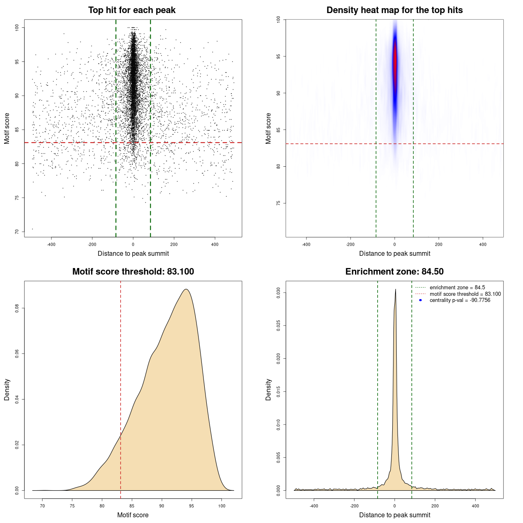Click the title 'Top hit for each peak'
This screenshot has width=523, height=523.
pyautogui.click(x=132, y=10)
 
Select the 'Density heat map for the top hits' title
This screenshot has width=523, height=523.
pyautogui.click(x=394, y=10)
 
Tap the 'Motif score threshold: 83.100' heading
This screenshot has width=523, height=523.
pyautogui.click(x=133, y=272)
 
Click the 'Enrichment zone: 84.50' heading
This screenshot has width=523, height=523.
pyautogui.click(x=394, y=272)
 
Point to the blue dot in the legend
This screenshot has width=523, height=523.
pyautogui.click(x=420, y=300)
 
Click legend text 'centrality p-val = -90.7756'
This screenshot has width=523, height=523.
pyautogui.click(x=460, y=300)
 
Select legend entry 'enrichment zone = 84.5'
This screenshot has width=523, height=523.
pyautogui.click(x=457, y=288)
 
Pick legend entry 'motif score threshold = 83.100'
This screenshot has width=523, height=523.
pyautogui.click(x=465, y=294)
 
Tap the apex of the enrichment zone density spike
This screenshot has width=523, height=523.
pyautogui.click(x=396, y=290)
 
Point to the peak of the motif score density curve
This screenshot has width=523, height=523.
pyautogui.click(x=186, y=289)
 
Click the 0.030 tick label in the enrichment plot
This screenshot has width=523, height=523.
pyautogui.click(x=279, y=293)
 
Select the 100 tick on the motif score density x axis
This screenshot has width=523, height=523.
pyautogui.click(x=221, y=506)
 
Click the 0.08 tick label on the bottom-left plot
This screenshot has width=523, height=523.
pyautogui.click(x=17, y=308)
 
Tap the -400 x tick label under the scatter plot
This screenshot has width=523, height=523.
pyautogui.click(x=51, y=244)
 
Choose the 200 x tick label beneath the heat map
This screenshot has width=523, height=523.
pyautogui.click(x=438, y=244)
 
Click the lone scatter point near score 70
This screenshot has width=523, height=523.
pyautogui.click(x=32, y=229)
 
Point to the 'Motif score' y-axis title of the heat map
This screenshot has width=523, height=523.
pyautogui.click(x=268, y=128)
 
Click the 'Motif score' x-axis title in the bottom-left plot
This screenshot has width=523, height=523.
pyautogui.click(x=133, y=515)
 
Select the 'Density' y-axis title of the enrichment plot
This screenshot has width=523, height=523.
pyautogui.click(x=268, y=389)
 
